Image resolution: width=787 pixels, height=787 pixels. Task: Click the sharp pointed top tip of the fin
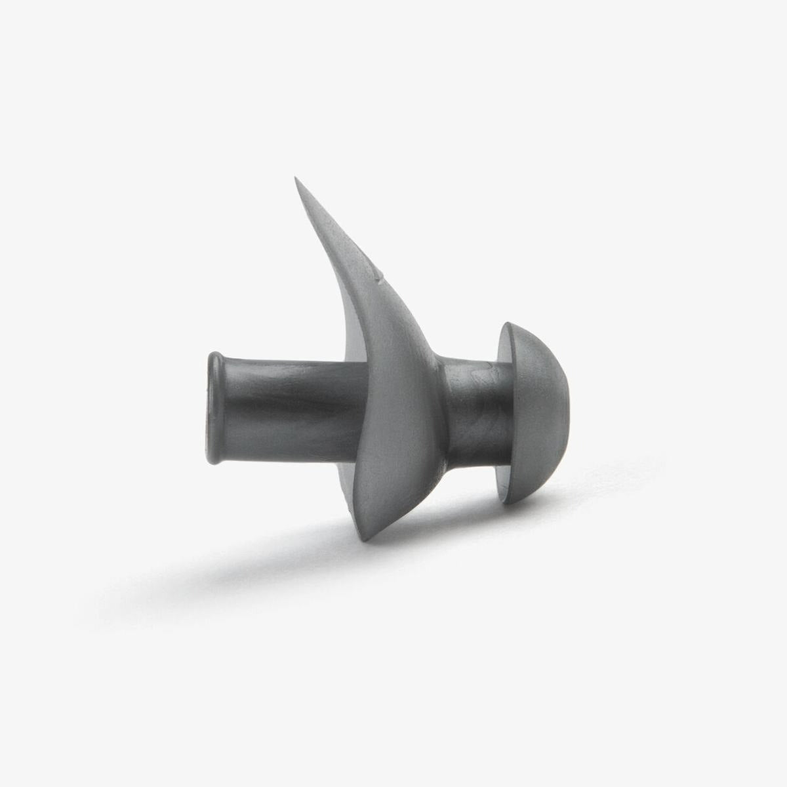296,178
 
